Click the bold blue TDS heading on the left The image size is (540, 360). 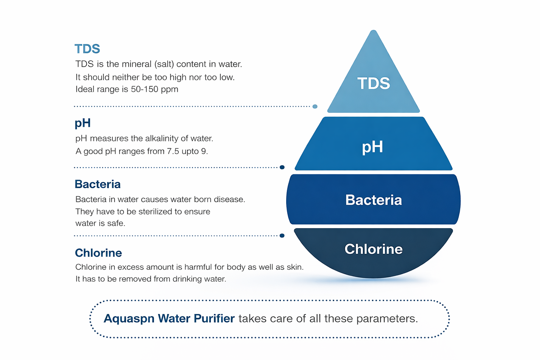click(x=87, y=49)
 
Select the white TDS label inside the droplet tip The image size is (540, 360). click(x=373, y=84)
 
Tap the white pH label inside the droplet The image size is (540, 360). click(x=372, y=147)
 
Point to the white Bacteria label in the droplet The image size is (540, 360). click(x=373, y=200)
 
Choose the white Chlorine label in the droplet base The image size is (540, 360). click(x=373, y=249)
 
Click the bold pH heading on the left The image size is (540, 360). click(x=83, y=123)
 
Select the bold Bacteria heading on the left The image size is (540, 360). click(x=98, y=184)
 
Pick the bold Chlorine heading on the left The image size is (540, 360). click(x=98, y=253)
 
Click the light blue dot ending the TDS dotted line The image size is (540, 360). click(x=315, y=107)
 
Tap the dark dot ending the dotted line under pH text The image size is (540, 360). click(x=282, y=167)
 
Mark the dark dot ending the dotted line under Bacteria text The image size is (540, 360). click(x=282, y=236)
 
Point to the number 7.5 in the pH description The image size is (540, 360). click(x=173, y=152)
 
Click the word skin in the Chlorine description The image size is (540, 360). click(x=295, y=267)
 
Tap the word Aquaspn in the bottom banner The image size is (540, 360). click(x=129, y=319)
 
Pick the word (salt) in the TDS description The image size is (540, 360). click(x=164, y=64)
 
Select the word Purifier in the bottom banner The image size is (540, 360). click(x=214, y=319)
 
